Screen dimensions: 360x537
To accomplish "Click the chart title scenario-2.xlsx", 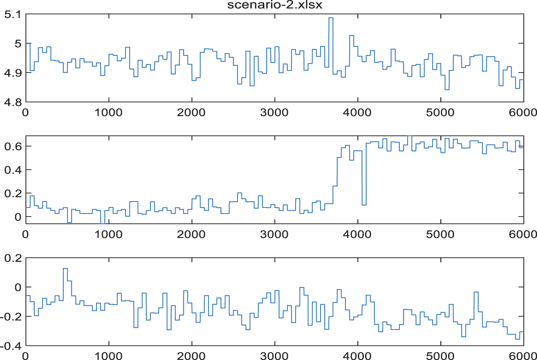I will tap(275, 5).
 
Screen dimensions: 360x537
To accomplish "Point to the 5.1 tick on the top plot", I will tap(13, 14).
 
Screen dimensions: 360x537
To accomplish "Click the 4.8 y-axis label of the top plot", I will tap(13, 102).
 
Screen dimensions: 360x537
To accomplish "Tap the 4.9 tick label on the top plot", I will tap(13, 73).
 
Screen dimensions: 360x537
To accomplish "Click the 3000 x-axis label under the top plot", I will tap(274, 113).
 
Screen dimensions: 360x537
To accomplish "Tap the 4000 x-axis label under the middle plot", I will tap(357, 235).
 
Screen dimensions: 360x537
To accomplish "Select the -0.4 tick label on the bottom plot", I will tap(11, 346).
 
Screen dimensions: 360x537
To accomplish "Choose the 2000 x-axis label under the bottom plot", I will tap(191, 356).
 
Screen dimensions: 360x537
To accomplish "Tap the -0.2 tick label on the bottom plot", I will tap(11, 317).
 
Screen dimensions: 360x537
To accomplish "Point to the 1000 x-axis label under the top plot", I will tap(108, 113).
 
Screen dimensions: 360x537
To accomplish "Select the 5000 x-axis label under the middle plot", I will tap(440, 235).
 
